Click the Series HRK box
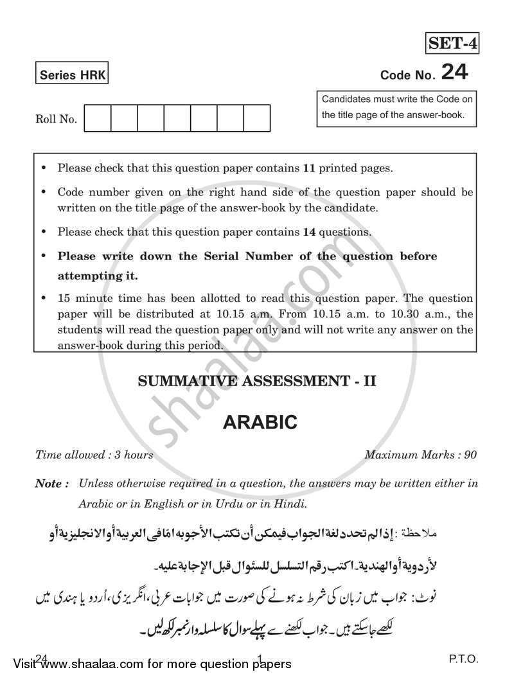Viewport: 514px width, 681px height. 71,75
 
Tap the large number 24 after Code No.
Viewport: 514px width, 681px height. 454,73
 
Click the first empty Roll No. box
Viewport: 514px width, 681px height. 98,119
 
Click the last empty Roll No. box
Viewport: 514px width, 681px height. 256,119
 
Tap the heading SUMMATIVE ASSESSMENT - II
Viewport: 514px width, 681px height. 257,381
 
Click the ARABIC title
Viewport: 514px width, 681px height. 260,422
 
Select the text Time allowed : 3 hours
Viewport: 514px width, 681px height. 94,455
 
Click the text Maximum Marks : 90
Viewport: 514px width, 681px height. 421,455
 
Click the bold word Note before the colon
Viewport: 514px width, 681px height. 49,484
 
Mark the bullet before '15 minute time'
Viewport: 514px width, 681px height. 44,299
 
